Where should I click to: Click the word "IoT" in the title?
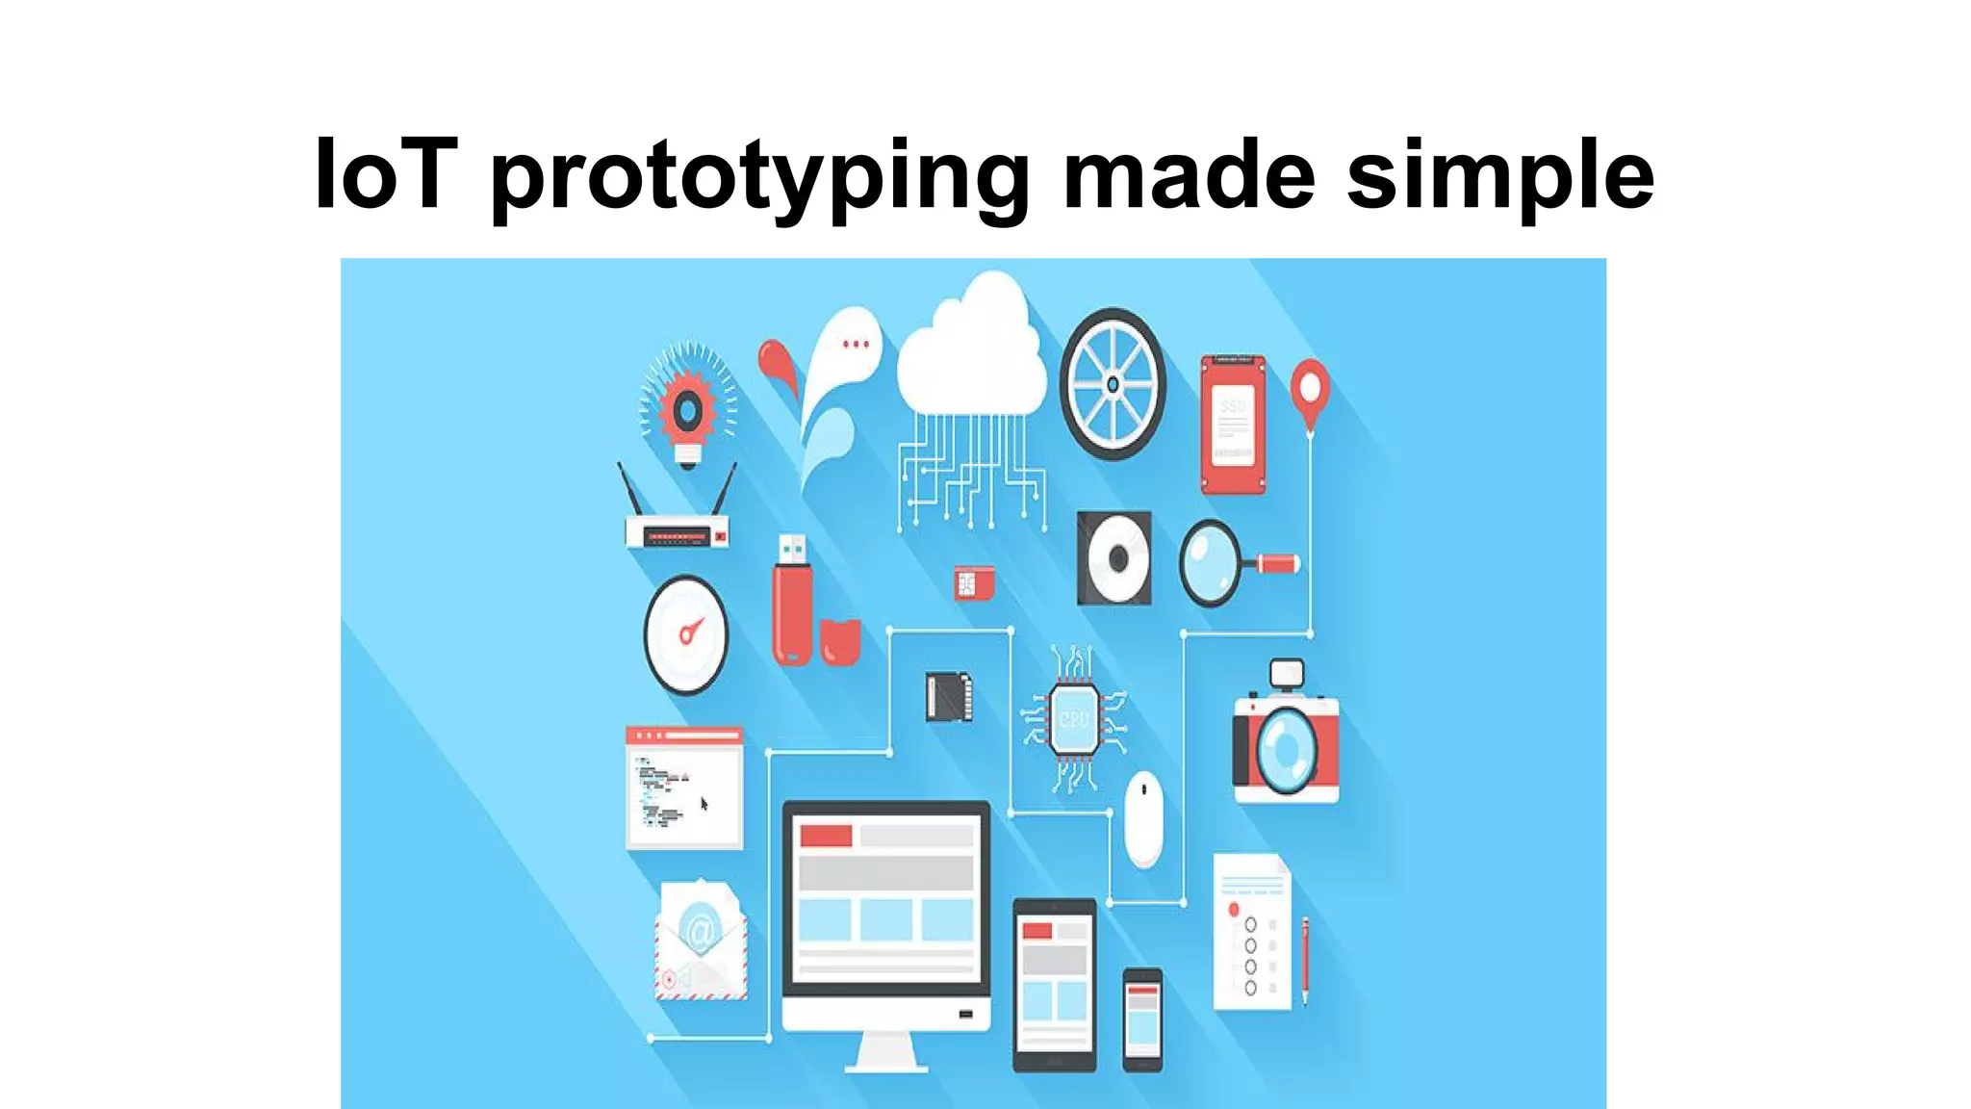click(x=384, y=174)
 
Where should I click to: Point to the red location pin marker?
click(x=1310, y=388)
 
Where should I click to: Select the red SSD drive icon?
click(x=1233, y=424)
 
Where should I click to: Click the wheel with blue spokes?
click(x=1113, y=384)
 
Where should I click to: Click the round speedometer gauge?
click(x=686, y=634)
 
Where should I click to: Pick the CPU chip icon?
click(x=1074, y=718)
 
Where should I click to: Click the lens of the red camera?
click(x=1284, y=749)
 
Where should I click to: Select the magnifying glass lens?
click(x=1210, y=562)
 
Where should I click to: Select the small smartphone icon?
click(x=1142, y=1019)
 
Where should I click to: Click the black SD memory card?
click(x=948, y=696)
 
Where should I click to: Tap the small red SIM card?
click(x=973, y=583)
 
